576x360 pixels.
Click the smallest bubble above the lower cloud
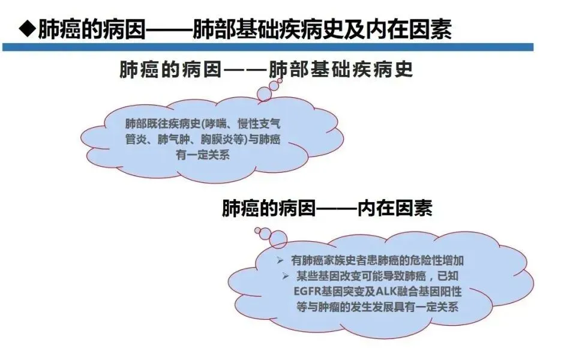point(257,230)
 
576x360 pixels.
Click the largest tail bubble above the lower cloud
point(278,241)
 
